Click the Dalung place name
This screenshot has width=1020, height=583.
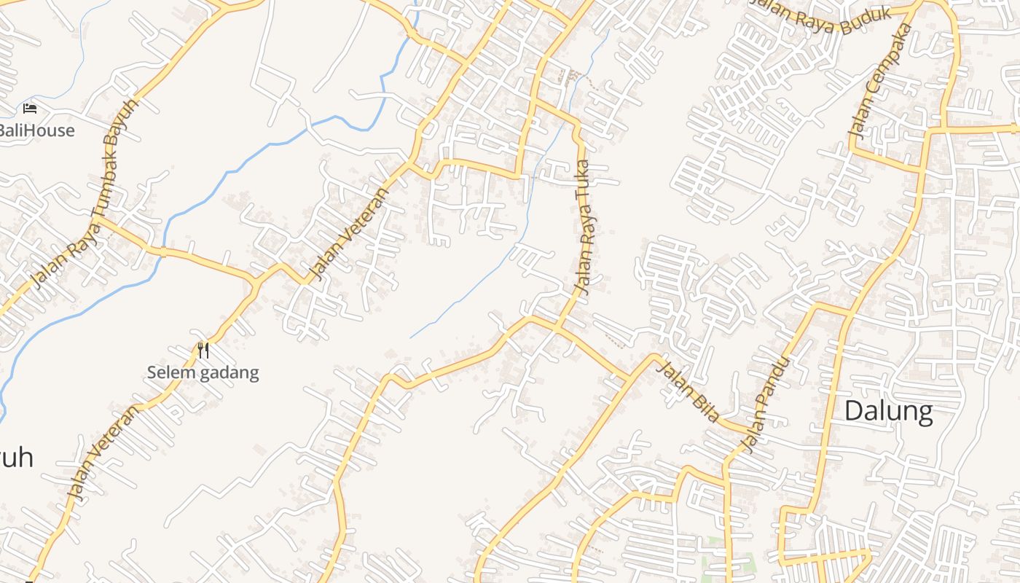coord(888,412)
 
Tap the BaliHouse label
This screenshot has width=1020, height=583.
coord(36,131)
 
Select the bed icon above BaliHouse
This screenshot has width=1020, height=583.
coord(30,109)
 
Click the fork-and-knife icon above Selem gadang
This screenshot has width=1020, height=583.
coord(203,351)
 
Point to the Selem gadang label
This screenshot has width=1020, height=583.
coord(203,373)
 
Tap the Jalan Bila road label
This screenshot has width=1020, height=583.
coord(688,391)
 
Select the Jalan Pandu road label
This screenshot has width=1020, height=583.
coord(765,403)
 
